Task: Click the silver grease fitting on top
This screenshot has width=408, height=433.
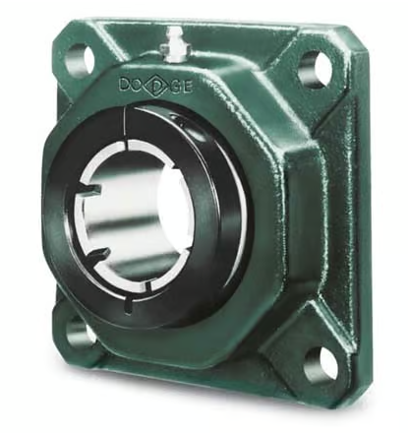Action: (x=173, y=45)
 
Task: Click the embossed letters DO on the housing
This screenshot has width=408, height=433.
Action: (x=133, y=84)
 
